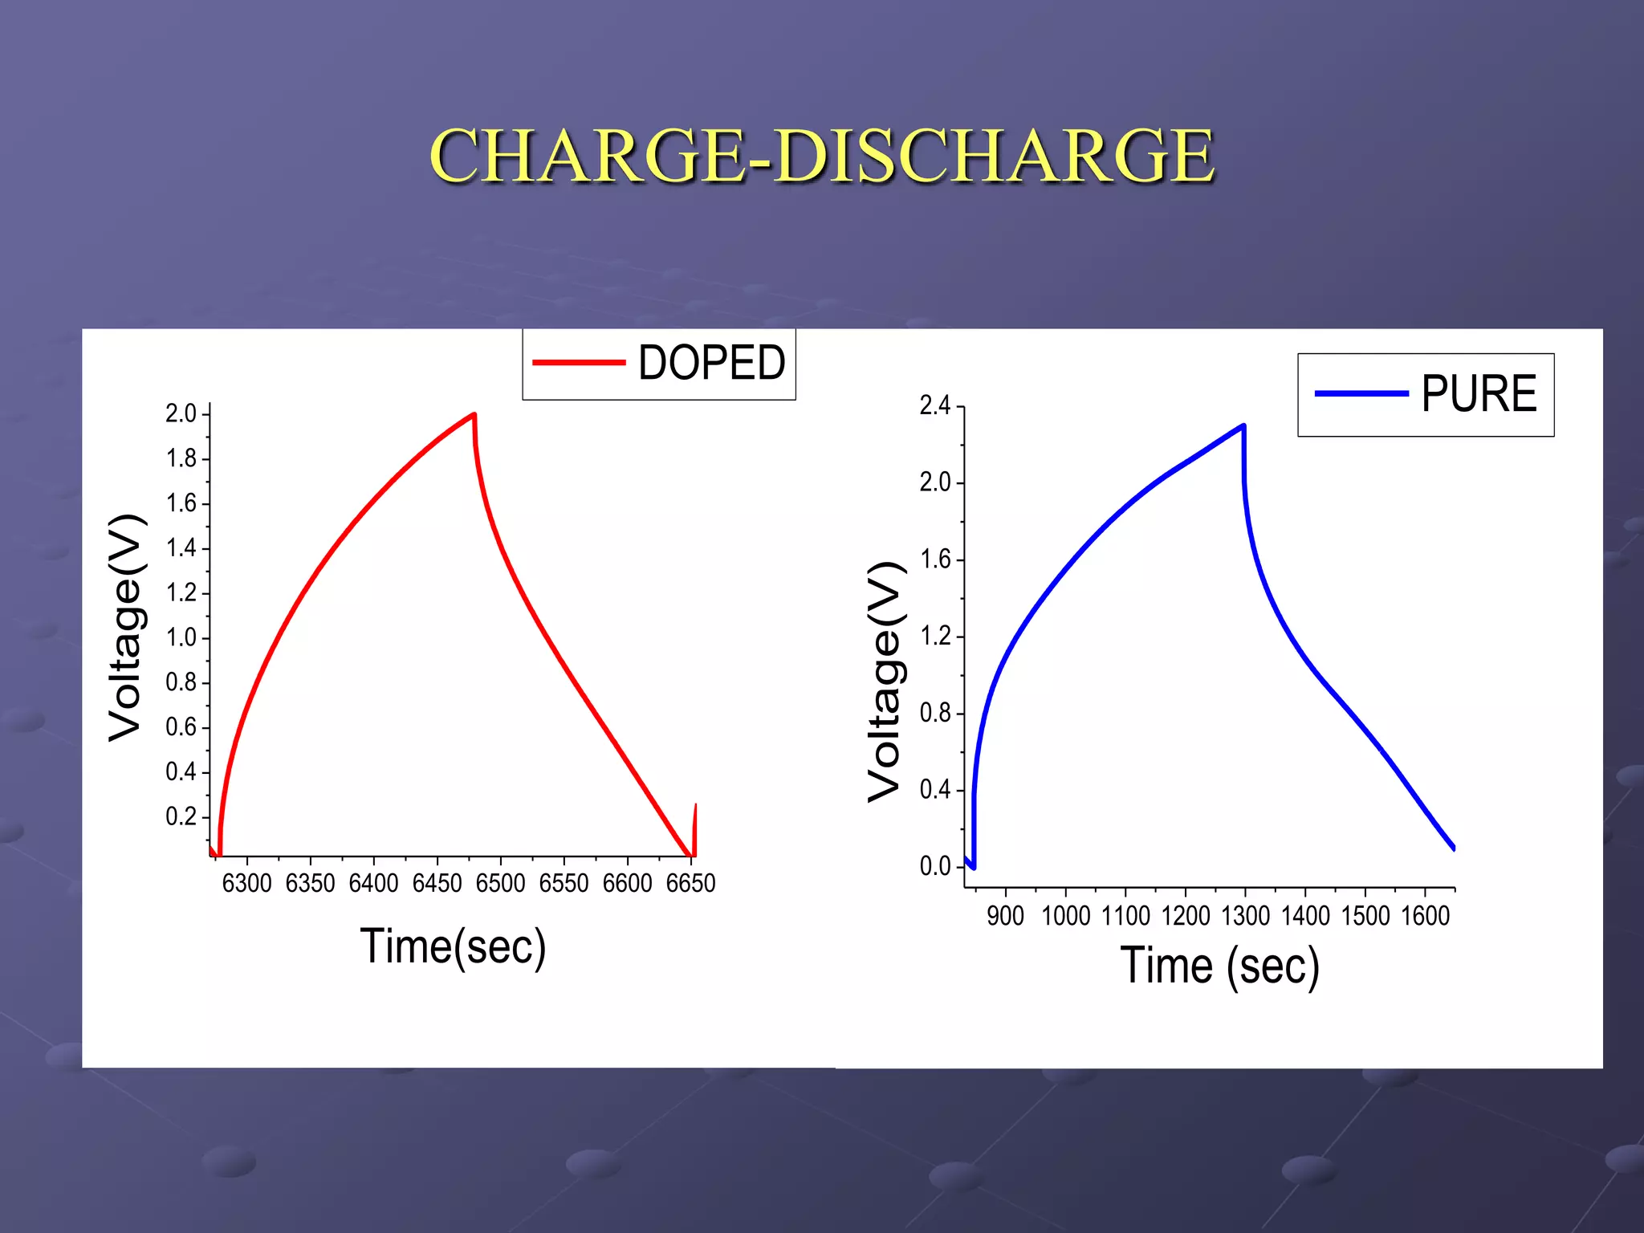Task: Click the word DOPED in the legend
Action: (x=711, y=363)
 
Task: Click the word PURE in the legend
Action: (x=1479, y=394)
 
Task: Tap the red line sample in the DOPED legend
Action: (x=578, y=363)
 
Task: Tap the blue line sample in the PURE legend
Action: (x=1361, y=394)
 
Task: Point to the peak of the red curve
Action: (x=474, y=415)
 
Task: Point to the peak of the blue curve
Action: (x=1243, y=426)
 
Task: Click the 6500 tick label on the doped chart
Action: (x=500, y=884)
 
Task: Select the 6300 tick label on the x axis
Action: (x=246, y=884)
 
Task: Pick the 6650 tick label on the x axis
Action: (x=690, y=884)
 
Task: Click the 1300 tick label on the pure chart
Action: (x=1245, y=916)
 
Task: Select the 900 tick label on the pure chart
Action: (x=1005, y=916)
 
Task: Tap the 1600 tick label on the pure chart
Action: (x=1425, y=916)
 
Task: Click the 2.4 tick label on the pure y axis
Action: (x=934, y=406)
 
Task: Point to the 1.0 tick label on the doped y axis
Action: (x=181, y=638)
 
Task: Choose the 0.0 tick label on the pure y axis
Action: (x=934, y=867)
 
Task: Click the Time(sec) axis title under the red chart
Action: (x=453, y=946)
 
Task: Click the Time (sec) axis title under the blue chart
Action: (x=1219, y=966)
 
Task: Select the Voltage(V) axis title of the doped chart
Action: (x=127, y=627)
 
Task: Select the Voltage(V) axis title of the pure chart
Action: (x=886, y=682)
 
